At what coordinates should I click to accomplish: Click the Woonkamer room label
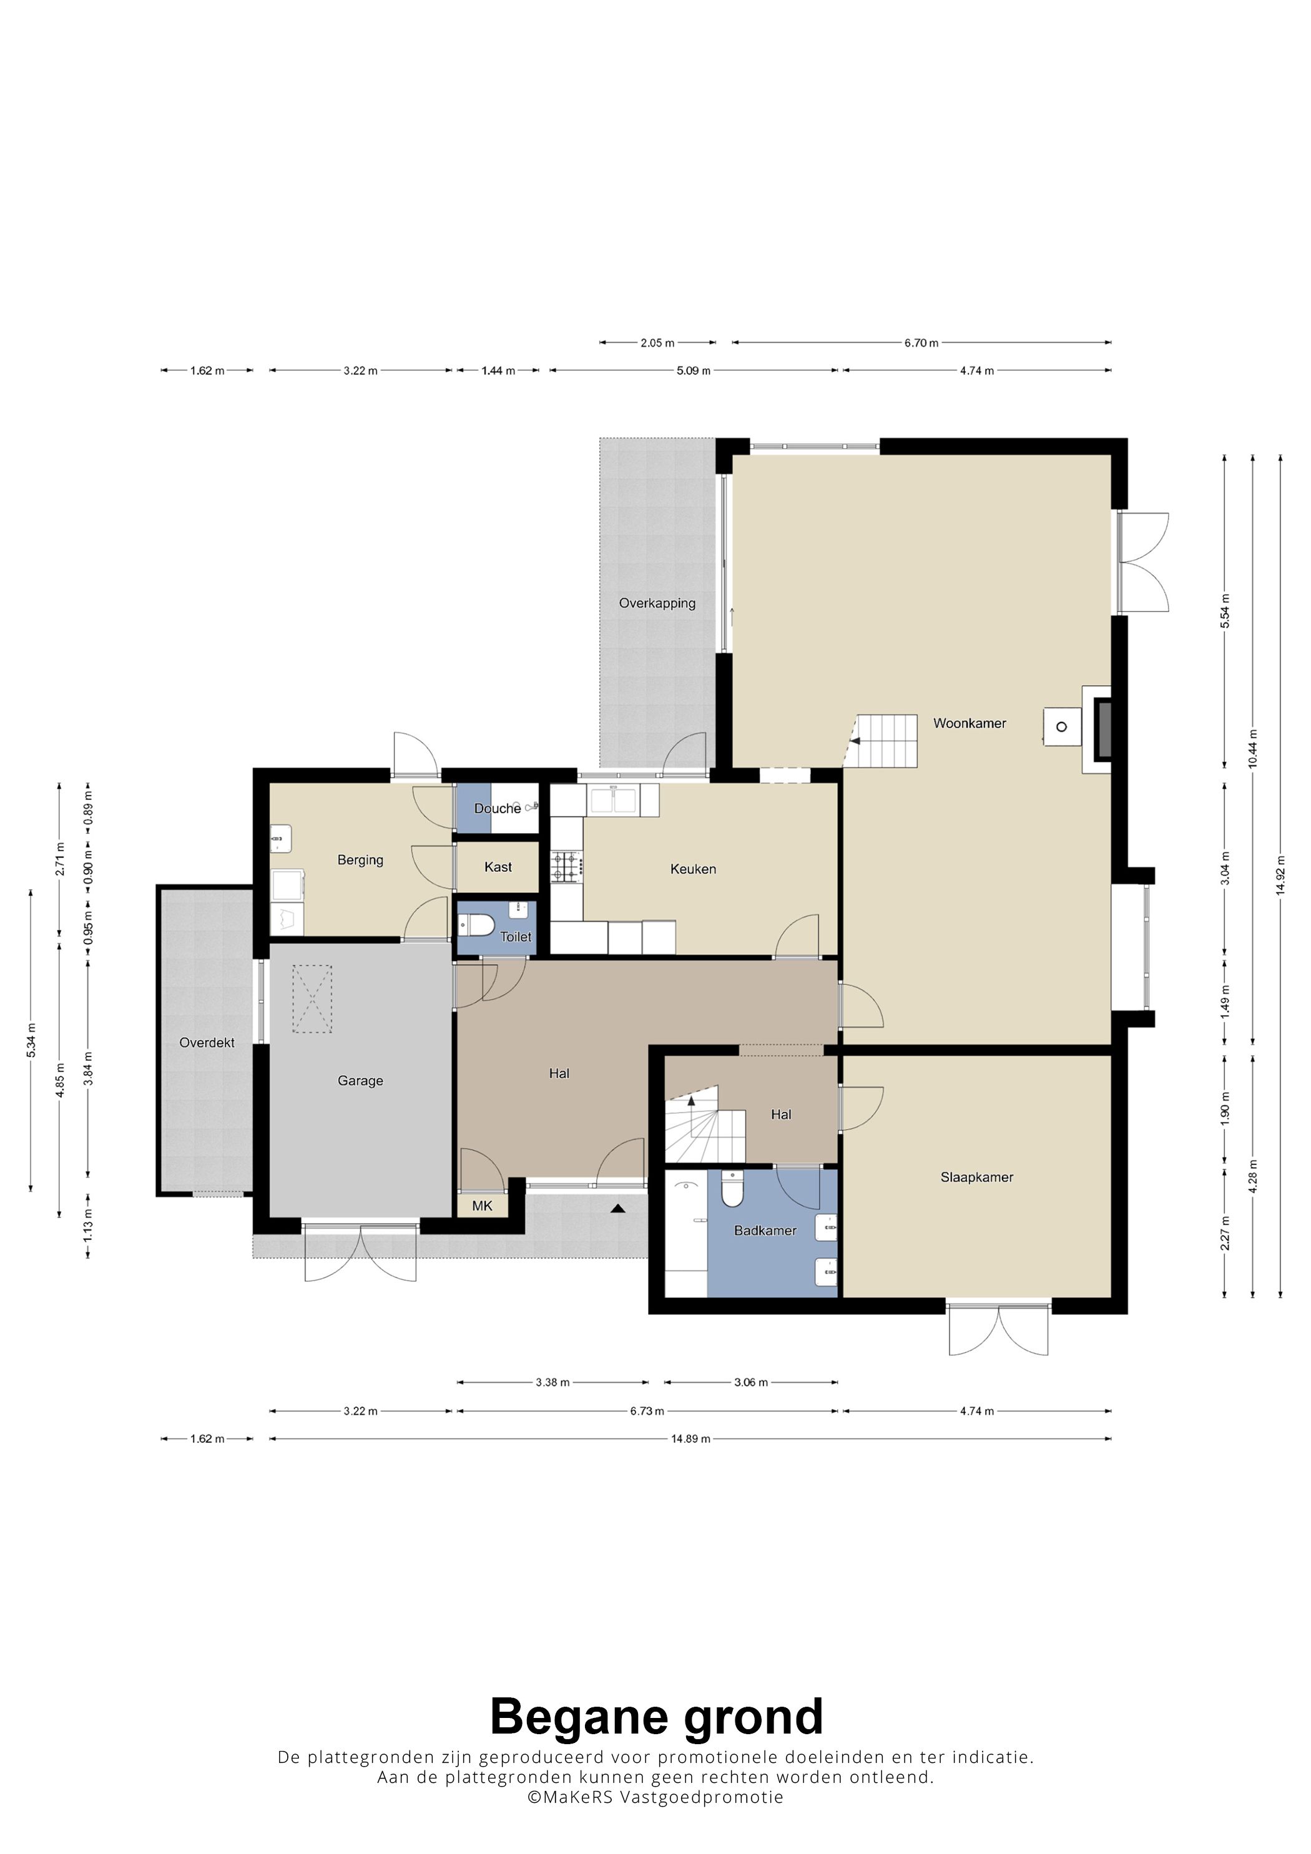click(x=970, y=723)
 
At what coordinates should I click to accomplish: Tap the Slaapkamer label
click(x=976, y=1178)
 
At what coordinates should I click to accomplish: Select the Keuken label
click(x=693, y=869)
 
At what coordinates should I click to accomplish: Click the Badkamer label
click(x=765, y=1231)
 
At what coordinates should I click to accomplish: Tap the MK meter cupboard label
click(x=482, y=1206)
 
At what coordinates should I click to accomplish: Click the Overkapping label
click(x=657, y=603)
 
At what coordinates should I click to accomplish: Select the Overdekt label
click(x=207, y=1043)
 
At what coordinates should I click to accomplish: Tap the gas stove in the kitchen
click(x=566, y=866)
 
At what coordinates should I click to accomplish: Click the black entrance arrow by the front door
click(x=618, y=1208)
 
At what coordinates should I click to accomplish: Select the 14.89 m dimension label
click(x=690, y=1439)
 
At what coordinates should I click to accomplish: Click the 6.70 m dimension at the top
click(x=921, y=343)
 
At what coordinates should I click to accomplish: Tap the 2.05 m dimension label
click(x=657, y=343)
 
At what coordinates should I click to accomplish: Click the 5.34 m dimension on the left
click(x=31, y=1040)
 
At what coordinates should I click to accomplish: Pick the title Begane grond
click(x=657, y=1716)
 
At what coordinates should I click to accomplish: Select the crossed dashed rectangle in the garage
click(x=312, y=1000)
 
